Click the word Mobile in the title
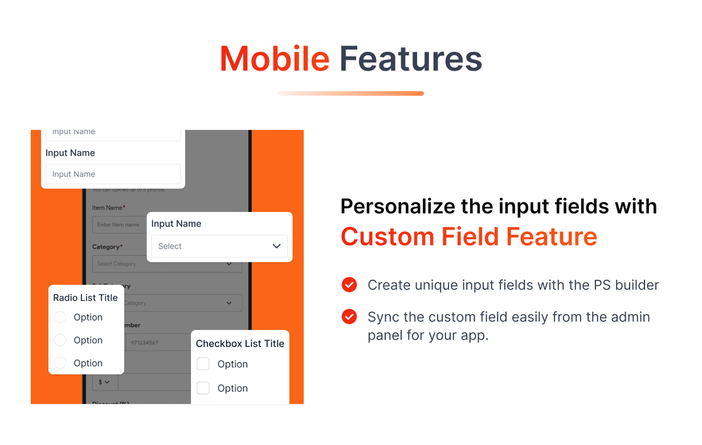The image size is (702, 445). [274, 59]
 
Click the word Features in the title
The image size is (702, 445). [410, 59]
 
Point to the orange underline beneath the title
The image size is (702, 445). [350, 93]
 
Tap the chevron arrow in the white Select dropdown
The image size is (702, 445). [276, 246]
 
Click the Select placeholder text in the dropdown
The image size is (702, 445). [170, 246]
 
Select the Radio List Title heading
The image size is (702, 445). [85, 297]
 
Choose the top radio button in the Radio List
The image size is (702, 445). [60, 317]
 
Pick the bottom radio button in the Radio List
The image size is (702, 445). [60, 363]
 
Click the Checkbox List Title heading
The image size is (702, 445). [240, 344]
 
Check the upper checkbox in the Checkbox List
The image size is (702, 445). [203, 364]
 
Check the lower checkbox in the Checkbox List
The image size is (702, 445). [203, 388]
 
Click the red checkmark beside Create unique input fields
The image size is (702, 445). [349, 285]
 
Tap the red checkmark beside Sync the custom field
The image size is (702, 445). [349, 317]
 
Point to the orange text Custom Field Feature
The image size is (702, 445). [468, 236]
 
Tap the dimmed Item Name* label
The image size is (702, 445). [109, 208]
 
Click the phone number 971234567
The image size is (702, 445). [144, 343]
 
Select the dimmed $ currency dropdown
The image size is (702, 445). [104, 382]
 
